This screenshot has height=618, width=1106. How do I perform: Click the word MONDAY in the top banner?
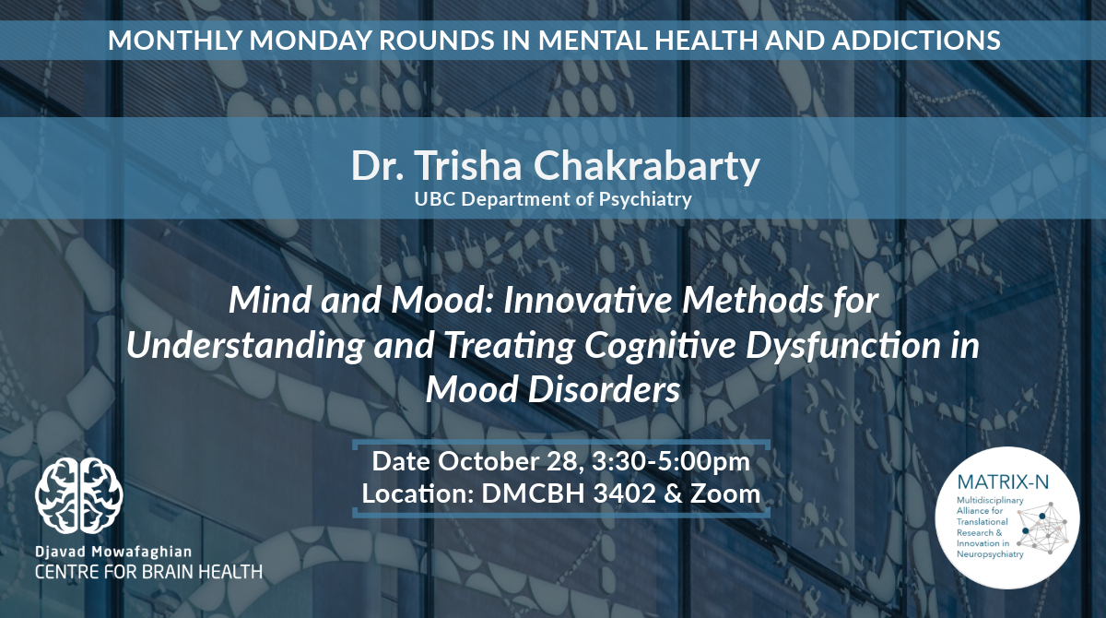(310, 40)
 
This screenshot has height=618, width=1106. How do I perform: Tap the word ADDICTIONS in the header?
(916, 40)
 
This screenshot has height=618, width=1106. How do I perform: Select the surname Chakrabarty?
(646, 167)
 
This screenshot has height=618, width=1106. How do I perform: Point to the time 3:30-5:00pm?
(671, 462)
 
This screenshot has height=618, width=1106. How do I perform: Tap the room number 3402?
(624, 493)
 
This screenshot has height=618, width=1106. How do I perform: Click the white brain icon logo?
(79, 495)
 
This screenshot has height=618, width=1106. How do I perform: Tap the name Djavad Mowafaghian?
(113, 552)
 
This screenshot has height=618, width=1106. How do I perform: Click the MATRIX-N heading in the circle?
(1003, 482)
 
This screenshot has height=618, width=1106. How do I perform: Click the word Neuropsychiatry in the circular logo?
(990, 554)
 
